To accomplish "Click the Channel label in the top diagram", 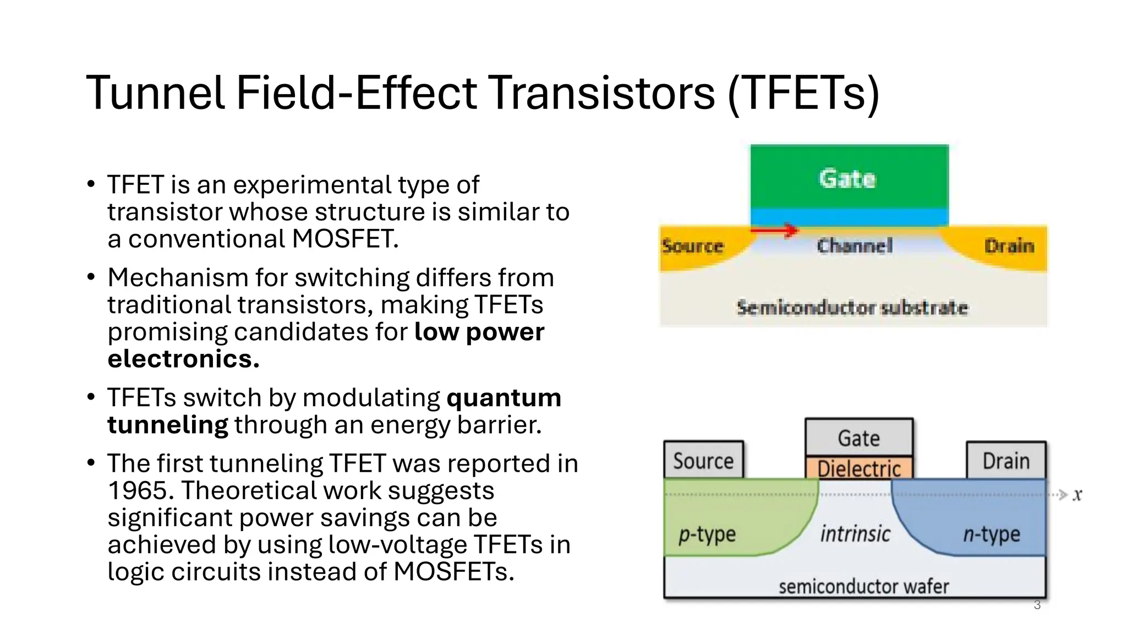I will click(x=854, y=245).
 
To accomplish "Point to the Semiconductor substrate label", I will click(x=852, y=308).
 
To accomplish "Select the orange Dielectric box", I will click(x=859, y=468).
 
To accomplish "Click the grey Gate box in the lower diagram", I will click(x=859, y=438).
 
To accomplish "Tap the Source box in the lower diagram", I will click(x=703, y=461).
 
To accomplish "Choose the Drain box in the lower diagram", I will click(x=1006, y=461).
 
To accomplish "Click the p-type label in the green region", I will click(x=707, y=534).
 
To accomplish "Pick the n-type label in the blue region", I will click(x=992, y=534).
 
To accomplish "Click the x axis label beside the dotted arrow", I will click(x=1077, y=495).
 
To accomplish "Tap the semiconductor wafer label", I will click(x=863, y=587).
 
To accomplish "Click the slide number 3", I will click(x=1037, y=605).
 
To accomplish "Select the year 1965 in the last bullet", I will click(x=140, y=490).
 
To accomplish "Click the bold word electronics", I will click(x=183, y=359).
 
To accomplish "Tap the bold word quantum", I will click(x=504, y=397).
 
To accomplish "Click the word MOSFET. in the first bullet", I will click(x=345, y=239).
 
